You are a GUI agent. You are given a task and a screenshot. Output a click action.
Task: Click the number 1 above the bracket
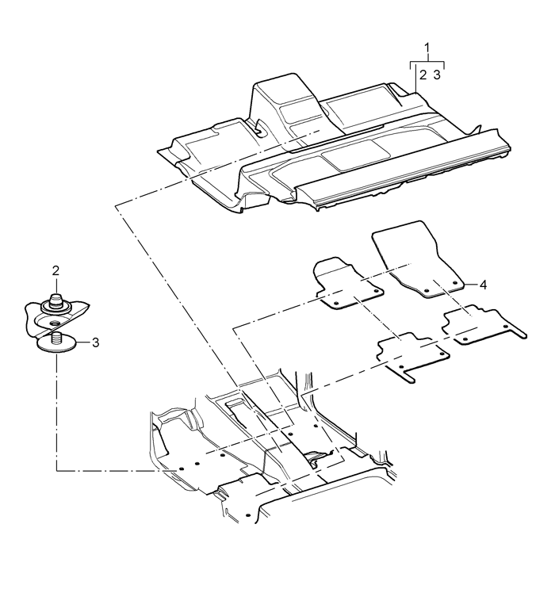point(427,48)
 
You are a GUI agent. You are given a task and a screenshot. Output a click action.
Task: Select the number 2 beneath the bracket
point(423,75)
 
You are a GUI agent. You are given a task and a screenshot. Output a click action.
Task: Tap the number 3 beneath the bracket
point(437,75)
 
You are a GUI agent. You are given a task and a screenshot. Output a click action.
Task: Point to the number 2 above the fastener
point(55,270)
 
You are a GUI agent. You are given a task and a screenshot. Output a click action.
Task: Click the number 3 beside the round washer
point(96,342)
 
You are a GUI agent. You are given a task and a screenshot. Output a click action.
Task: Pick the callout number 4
point(483,285)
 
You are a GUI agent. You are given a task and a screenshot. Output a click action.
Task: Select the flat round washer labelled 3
point(55,345)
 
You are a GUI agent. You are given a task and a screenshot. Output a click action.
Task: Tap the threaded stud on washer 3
point(56,338)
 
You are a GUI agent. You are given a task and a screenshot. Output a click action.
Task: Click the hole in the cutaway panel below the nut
point(55,323)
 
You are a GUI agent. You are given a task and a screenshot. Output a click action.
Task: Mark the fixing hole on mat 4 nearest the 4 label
point(455,282)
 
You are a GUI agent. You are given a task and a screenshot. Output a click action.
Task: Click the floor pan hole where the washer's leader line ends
point(181,469)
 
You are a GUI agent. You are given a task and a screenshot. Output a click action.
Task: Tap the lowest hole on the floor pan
point(247,515)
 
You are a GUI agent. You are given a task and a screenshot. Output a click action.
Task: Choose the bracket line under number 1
point(427,63)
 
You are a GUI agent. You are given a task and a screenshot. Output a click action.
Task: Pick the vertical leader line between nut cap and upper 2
point(56,285)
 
